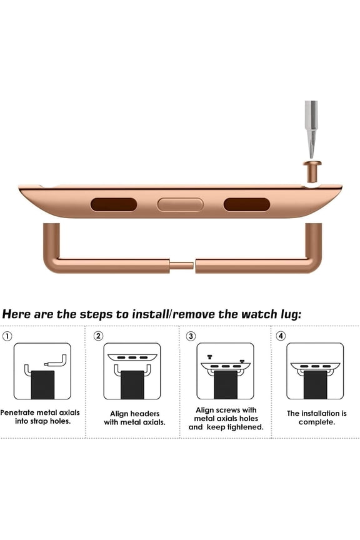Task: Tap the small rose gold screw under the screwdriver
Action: tap(312, 171)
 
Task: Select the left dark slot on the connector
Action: tap(114, 204)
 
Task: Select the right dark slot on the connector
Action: tap(247, 204)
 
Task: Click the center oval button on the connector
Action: tap(180, 204)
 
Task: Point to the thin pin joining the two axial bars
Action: tap(181, 266)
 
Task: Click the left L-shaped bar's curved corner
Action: tap(52, 264)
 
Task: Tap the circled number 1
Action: tap(7, 336)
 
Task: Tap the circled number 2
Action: tap(98, 336)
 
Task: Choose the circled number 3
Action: tap(191, 336)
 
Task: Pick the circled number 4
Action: tap(281, 336)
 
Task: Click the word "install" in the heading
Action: tap(150, 314)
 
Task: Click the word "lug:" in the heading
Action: tap(291, 314)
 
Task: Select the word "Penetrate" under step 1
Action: tap(17, 412)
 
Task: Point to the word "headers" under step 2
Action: tap(145, 414)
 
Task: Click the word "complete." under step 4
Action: tap(317, 422)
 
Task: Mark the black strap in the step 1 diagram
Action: tap(42, 384)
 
